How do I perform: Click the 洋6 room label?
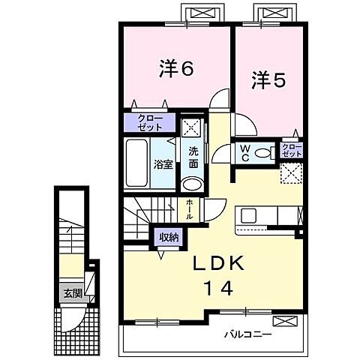pos(176,68)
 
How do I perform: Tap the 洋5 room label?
pos(268,79)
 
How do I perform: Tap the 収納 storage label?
pos(168,237)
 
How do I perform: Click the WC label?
pos(245,153)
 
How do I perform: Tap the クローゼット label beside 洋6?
pos(150,122)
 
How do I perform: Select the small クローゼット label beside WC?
pos(290,149)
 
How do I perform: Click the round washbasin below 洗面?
pos(192,185)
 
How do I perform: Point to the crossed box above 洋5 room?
pos(273,13)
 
